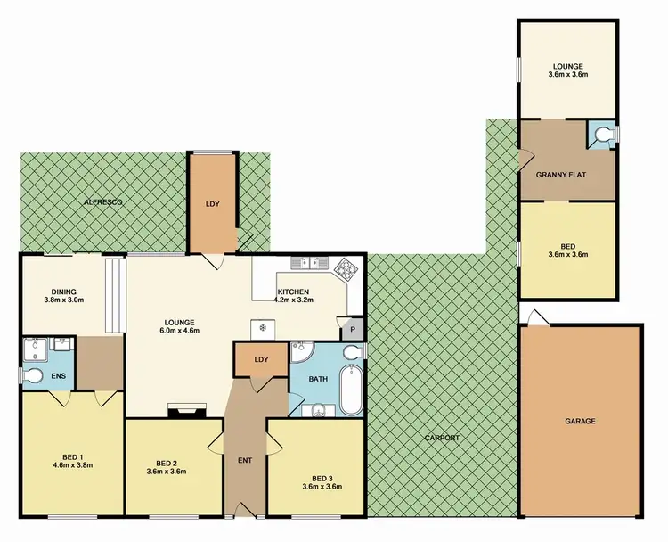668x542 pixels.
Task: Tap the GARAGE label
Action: point(580,421)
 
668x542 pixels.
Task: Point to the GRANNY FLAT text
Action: point(559,174)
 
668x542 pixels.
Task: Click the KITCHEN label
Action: point(294,292)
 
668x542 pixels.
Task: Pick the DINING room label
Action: point(63,291)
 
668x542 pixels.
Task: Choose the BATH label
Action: point(319,379)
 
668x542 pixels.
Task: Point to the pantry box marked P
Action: point(353,329)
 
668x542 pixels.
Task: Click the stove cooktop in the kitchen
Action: point(346,265)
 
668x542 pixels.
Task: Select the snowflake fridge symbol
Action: point(264,327)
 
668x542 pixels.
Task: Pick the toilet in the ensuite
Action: point(32,374)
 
